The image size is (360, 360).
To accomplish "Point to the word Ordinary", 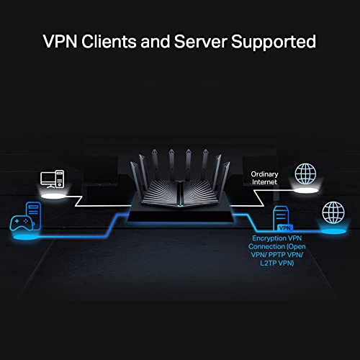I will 264,174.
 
